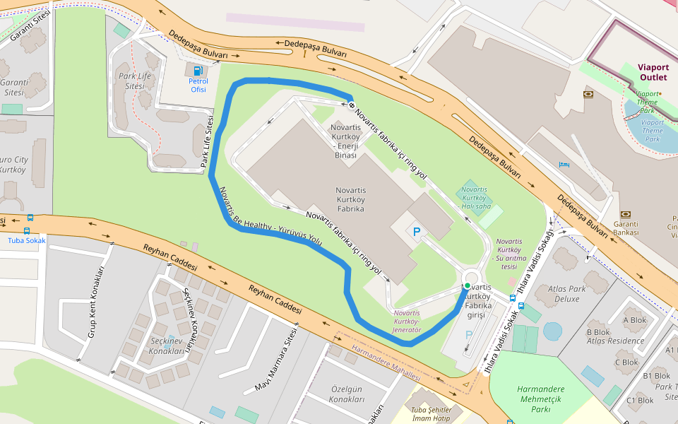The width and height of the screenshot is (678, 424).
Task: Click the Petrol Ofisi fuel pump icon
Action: pyautogui.click(x=198, y=70)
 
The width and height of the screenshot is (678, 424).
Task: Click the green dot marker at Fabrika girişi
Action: pyautogui.click(x=467, y=285)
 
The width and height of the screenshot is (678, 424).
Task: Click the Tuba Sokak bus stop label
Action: pyautogui.click(x=26, y=240)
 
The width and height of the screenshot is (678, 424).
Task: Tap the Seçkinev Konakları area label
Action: pyautogui.click(x=167, y=346)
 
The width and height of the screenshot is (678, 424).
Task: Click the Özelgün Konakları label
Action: pyautogui.click(x=347, y=394)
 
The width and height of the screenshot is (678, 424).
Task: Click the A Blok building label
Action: pyautogui.click(x=634, y=319)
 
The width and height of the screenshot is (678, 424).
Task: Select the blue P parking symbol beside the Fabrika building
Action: pyautogui.click(x=417, y=232)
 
